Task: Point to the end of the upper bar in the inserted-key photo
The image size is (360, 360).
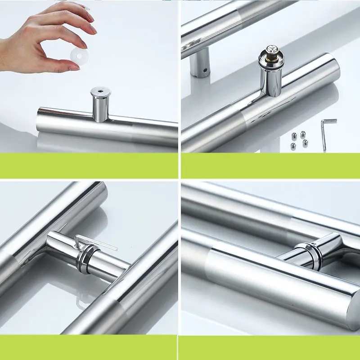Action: (99, 191)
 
